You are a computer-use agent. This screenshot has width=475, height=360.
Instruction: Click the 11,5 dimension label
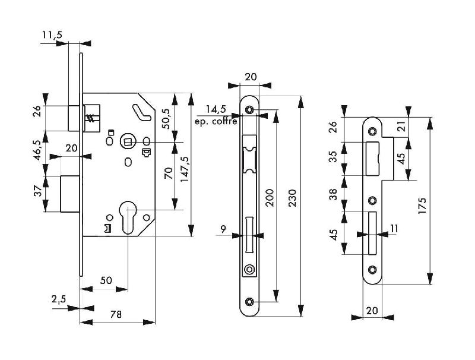[x=52, y=35]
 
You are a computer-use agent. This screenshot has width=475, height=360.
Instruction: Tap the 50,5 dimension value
[x=167, y=118]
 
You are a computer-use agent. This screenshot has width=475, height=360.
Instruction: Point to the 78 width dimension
[x=116, y=314]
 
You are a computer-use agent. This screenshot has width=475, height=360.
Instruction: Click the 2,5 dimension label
[x=58, y=299]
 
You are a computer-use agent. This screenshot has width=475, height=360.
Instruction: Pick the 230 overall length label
[x=292, y=198]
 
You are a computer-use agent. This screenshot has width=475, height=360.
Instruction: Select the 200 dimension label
[x=270, y=198]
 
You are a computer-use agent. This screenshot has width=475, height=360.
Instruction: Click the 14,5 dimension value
[x=216, y=109]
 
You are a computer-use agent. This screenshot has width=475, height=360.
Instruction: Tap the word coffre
[x=225, y=122]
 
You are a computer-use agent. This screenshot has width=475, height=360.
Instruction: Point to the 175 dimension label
[x=422, y=206]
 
